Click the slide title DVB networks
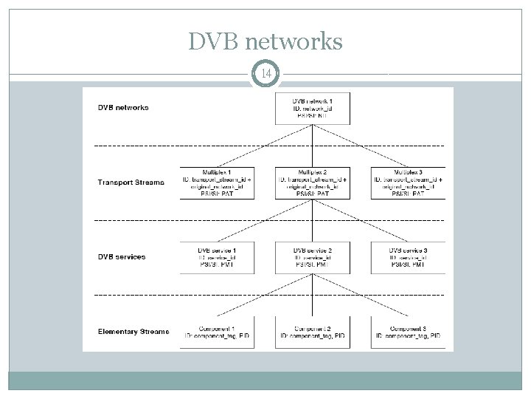[x=265, y=41]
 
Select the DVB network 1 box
[x=311, y=107]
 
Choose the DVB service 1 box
[x=218, y=257]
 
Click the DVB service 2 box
[x=312, y=257]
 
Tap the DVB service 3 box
[x=408, y=257]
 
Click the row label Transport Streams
[x=131, y=182]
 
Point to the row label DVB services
[x=122, y=257]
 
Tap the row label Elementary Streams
[x=133, y=332]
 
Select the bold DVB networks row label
[x=123, y=107]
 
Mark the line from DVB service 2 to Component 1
[x=264, y=296]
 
